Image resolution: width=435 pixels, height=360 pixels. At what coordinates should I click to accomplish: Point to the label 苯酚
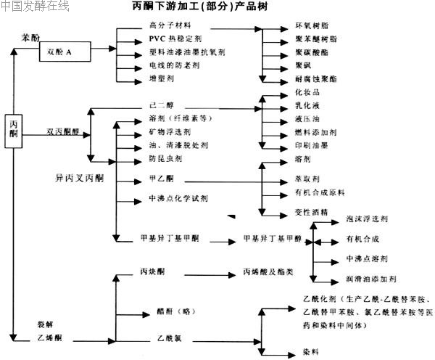[x=30, y=35]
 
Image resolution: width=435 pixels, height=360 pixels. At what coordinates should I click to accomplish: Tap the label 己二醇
[x=159, y=105]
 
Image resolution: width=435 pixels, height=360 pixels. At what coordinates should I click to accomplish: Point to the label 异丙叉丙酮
[x=75, y=176]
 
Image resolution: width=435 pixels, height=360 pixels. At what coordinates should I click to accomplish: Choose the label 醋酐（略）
[x=172, y=310]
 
